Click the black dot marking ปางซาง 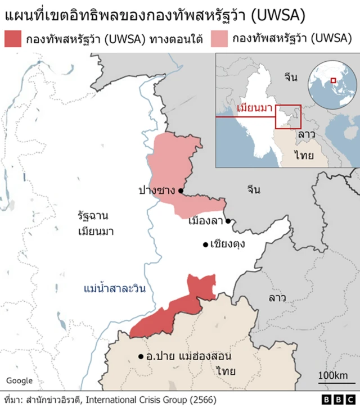(181, 191)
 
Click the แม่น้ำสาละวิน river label (114, 289)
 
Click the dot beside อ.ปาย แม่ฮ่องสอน (141, 356)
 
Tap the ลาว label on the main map (277, 297)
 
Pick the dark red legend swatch (13, 39)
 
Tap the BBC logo (337, 400)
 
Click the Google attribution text (20, 380)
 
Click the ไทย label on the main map (226, 370)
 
